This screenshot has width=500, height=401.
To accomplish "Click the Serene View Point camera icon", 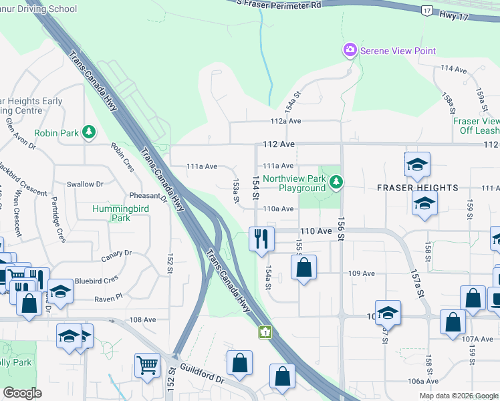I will [349, 51].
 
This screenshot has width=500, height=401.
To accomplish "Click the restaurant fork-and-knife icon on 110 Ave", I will [261, 239].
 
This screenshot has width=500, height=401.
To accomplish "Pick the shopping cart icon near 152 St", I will [147, 365].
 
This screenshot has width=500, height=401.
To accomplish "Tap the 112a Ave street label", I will [286, 122].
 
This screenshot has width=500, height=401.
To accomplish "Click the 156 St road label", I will [341, 229].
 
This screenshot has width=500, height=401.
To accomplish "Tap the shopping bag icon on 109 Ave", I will [303, 269].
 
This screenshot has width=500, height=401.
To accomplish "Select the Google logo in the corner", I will [22, 393].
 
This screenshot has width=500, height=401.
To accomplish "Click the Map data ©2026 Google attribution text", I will [458, 396].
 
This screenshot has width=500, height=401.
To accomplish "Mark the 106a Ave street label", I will [423, 381].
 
